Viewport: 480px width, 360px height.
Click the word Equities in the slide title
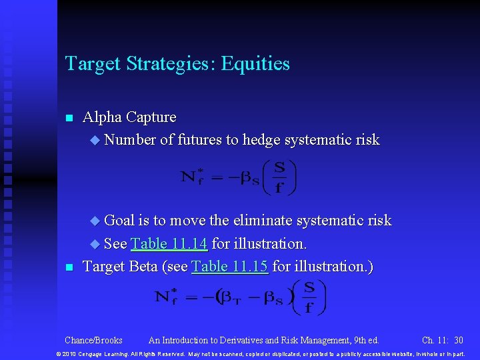click(x=255, y=64)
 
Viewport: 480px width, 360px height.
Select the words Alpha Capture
click(x=129, y=117)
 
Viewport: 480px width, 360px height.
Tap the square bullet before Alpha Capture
click(x=68, y=119)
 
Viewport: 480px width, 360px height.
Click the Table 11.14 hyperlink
click(x=169, y=243)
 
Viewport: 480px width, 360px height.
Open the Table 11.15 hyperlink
click(x=229, y=267)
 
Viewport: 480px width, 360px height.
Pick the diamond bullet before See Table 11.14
click(x=94, y=244)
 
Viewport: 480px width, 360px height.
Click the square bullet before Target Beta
click(x=68, y=268)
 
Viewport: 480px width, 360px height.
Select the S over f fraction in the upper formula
click(x=279, y=177)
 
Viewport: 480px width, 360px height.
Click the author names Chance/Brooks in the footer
click(x=93, y=340)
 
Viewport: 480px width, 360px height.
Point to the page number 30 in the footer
click(x=458, y=340)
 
